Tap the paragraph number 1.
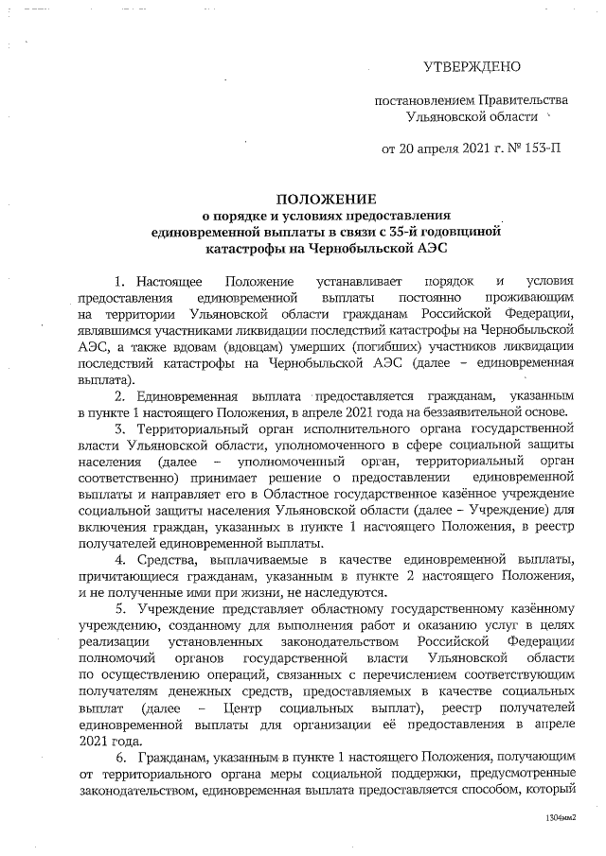pos(118,282)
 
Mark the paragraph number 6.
pos(119,760)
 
